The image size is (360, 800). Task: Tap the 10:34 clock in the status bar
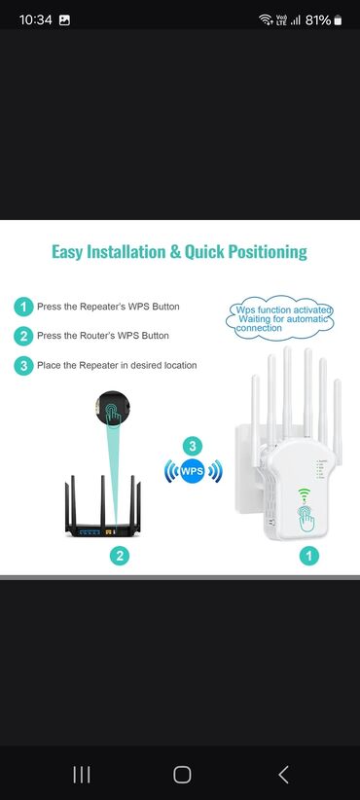[x=35, y=19]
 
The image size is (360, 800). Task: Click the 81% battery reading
[x=318, y=19]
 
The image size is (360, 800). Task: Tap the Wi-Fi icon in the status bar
[x=266, y=19]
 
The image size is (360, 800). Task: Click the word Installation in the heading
[x=126, y=252]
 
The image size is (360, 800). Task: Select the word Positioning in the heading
[x=268, y=252]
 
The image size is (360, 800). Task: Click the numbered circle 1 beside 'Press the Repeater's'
[x=23, y=308]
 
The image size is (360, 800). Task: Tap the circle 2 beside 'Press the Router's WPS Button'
[x=23, y=336]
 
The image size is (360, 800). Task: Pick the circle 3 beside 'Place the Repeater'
[x=23, y=366]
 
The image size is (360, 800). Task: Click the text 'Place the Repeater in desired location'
[x=117, y=365]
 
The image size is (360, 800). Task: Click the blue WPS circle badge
[x=193, y=471]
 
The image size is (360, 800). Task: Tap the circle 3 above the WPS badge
[x=193, y=446]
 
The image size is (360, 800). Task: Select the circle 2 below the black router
[x=120, y=555]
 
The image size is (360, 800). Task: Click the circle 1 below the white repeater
[x=309, y=555]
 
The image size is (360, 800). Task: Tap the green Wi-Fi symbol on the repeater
[x=305, y=493]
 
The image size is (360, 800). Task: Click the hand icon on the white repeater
[x=306, y=519]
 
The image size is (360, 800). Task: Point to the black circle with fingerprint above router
[x=113, y=408]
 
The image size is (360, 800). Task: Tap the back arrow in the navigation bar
[x=283, y=775]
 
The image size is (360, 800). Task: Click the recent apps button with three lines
[x=82, y=775]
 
